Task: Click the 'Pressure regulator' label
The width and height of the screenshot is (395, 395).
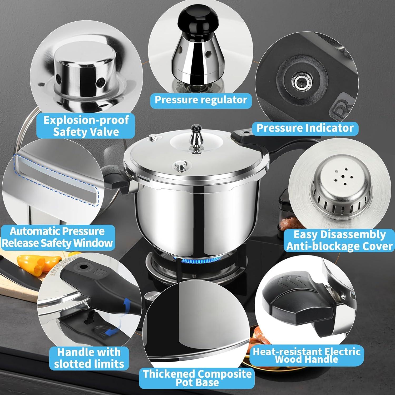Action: (201, 100)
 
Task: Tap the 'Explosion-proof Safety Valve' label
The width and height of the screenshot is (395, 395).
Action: (86, 126)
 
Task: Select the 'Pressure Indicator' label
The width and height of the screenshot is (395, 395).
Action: (305, 128)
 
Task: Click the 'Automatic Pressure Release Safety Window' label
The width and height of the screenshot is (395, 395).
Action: (57, 237)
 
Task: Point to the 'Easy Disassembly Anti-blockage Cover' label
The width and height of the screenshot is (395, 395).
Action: (339, 240)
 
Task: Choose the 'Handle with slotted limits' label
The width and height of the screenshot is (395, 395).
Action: (89, 358)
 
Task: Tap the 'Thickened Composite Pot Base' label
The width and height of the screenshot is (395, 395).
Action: (197, 378)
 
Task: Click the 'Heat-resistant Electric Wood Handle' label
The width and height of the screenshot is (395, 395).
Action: (307, 355)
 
